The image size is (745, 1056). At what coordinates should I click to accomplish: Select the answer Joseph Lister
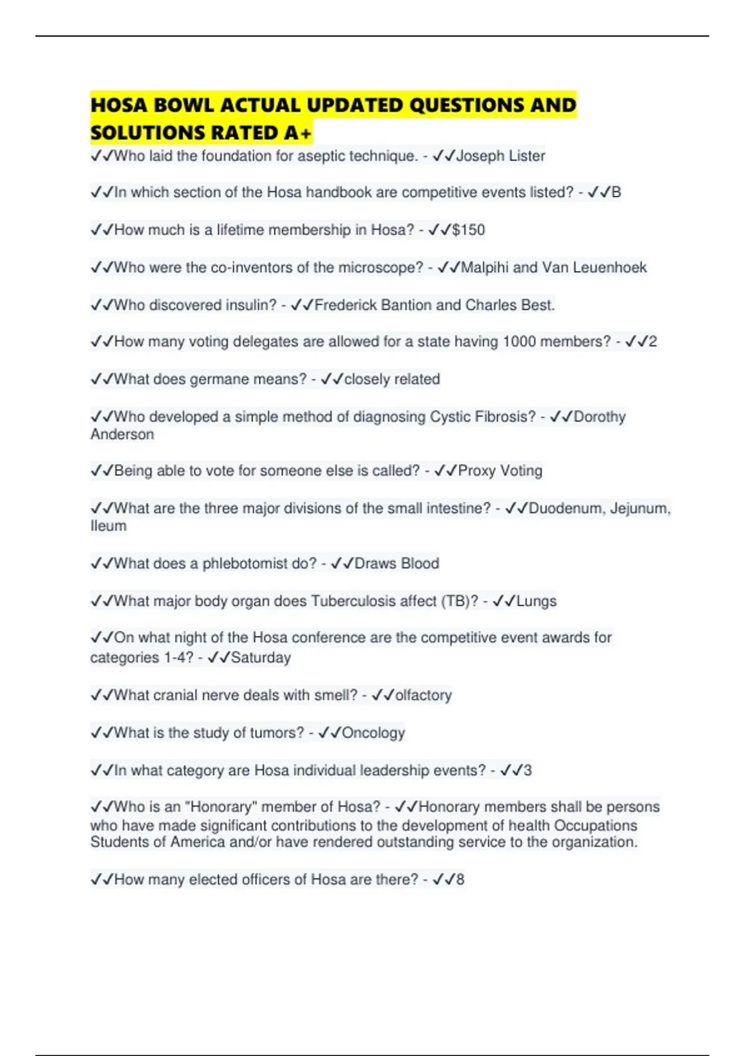click(500, 156)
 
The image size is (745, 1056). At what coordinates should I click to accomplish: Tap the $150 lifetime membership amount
click(468, 230)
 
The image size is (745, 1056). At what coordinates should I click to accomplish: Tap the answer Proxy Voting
click(500, 471)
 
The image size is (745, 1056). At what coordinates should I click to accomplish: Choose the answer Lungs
click(536, 601)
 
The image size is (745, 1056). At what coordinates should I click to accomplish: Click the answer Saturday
click(261, 658)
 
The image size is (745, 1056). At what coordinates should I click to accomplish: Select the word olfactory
click(423, 695)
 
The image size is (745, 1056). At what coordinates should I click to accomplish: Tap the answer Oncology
click(373, 733)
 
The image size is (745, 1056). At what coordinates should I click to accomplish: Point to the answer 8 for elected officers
click(460, 880)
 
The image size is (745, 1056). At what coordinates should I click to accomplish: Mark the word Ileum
click(109, 526)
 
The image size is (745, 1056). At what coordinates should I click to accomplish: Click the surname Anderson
click(122, 434)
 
